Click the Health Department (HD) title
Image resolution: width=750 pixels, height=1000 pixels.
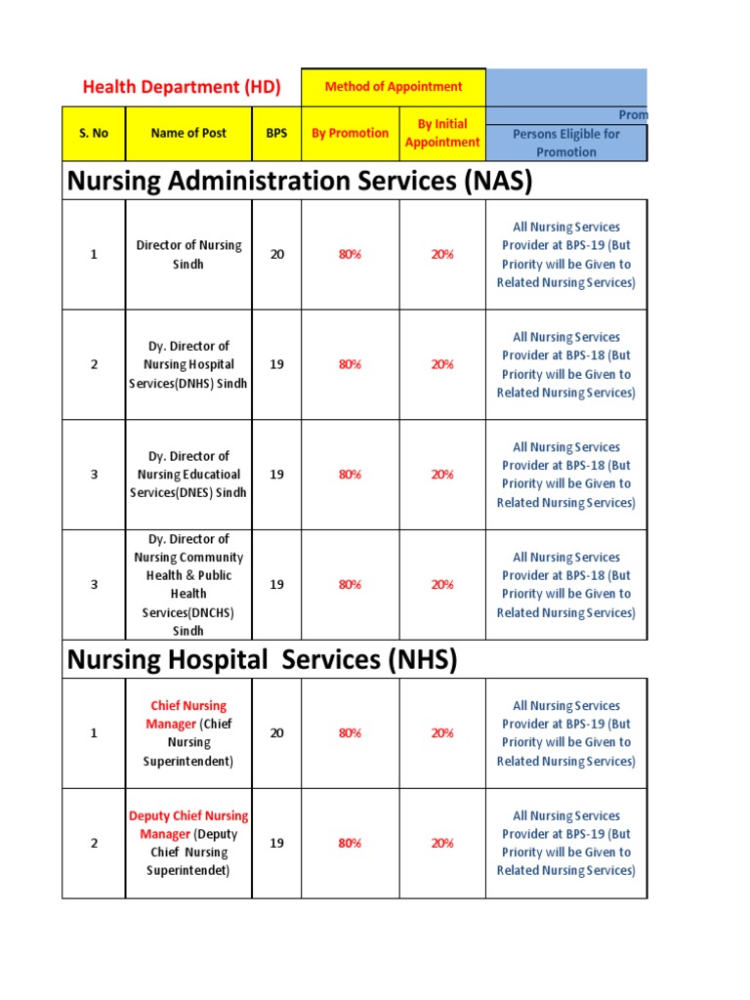click(x=182, y=87)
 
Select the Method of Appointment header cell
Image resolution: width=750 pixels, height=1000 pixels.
click(x=394, y=87)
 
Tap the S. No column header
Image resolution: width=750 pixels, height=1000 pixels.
click(x=94, y=133)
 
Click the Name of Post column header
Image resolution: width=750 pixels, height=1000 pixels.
click(x=188, y=133)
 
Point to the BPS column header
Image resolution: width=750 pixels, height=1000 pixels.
click(x=276, y=133)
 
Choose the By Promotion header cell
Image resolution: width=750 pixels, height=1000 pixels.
click(x=350, y=133)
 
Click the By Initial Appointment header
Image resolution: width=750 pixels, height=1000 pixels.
click(x=442, y=133)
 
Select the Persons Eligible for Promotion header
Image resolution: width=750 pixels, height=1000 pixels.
click(x=565, y=143)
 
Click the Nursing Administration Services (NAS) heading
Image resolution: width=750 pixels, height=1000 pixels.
click(x=299, y=181)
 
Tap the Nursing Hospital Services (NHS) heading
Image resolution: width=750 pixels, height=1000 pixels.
click(x=262, y=660)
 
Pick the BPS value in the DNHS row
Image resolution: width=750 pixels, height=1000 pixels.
click(x=276, y=364)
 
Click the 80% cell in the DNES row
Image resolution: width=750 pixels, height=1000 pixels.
click(x=350, y=475)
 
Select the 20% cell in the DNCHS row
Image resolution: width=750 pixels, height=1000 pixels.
click(x=442, y=585)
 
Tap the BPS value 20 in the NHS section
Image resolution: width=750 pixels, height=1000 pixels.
click(x=276, y=733)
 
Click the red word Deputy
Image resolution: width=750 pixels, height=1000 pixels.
click(x=149, y=815)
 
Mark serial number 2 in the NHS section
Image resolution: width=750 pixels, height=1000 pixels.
click(x=94, y=844)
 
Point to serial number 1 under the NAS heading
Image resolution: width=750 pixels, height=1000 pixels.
click(x=94, y=255)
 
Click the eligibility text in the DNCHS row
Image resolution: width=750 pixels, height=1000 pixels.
click(x=565, y=585)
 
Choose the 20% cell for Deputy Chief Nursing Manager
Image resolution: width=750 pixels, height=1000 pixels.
click(x=442, y=844)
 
